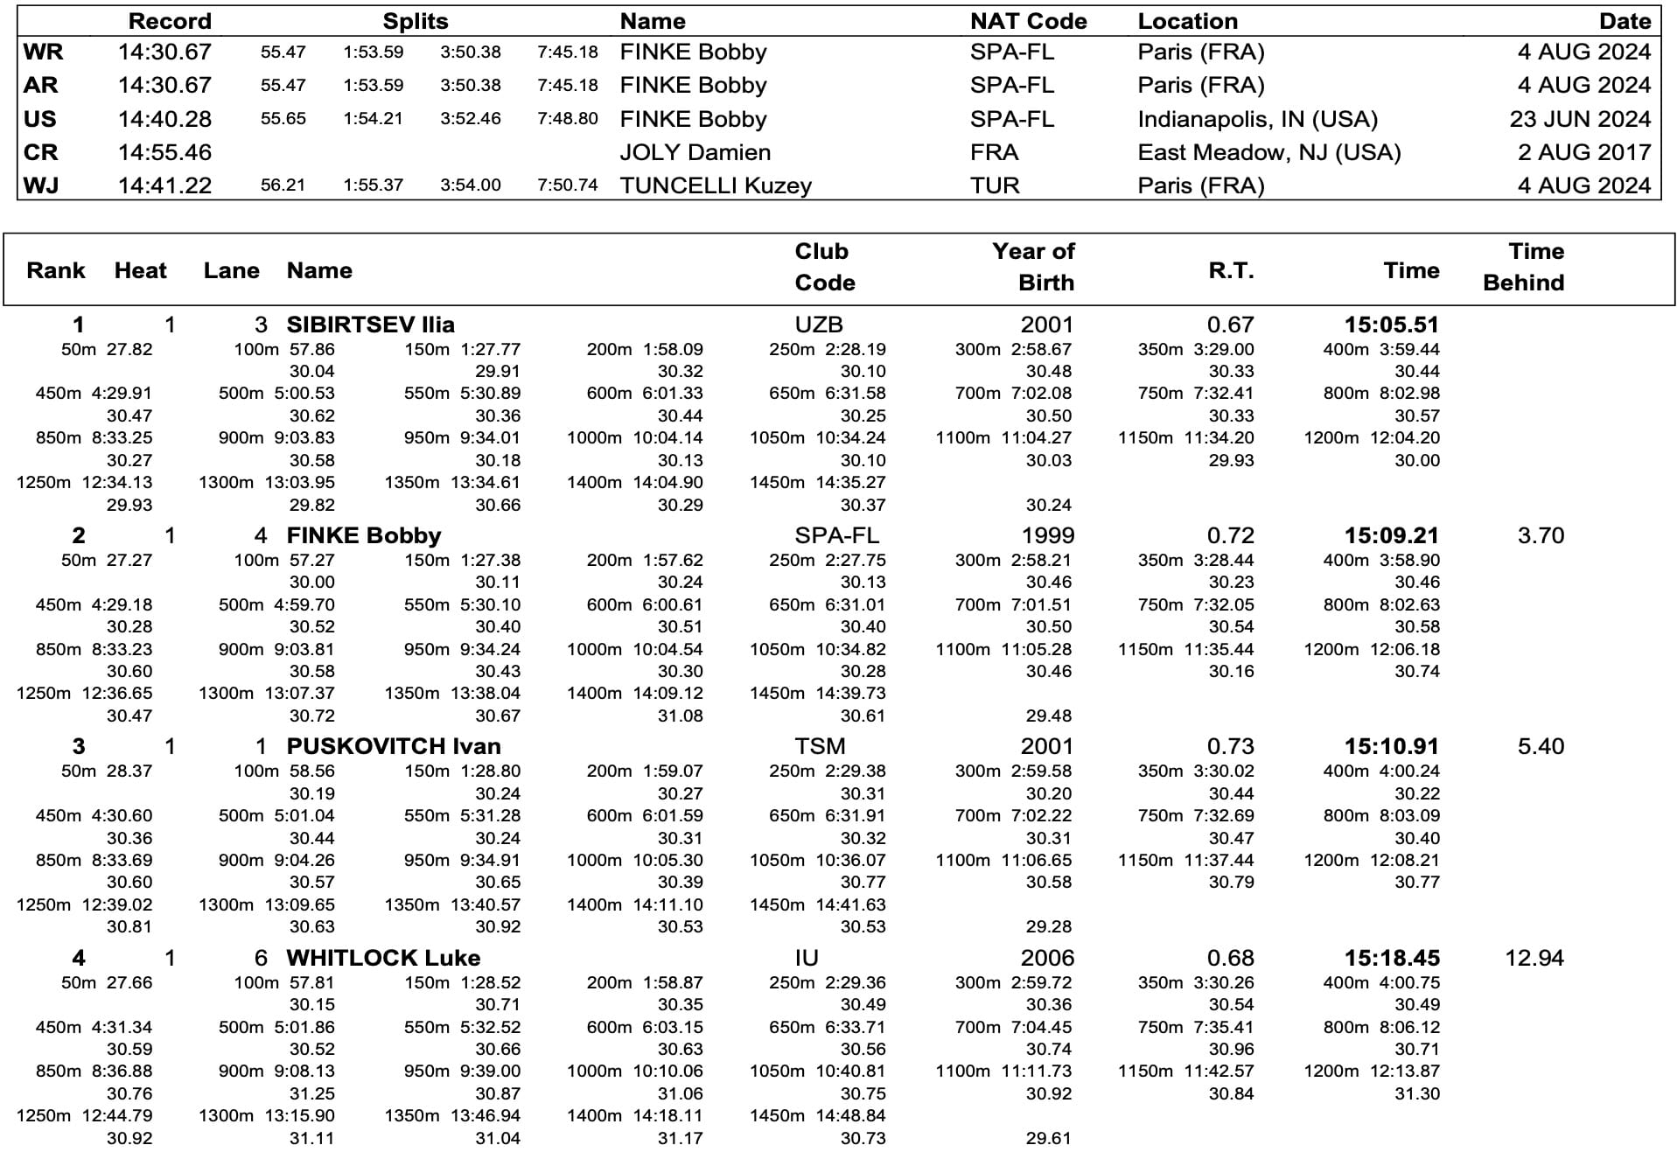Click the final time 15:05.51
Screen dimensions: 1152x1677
coord(1391,325)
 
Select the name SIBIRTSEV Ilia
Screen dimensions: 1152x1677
coord(370,325)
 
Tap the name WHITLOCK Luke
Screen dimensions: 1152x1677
coord(383,958)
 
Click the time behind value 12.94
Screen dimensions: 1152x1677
coord(1534,958)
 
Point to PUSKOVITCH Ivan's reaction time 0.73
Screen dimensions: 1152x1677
coord(1230,746)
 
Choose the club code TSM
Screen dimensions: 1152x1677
coord(820,746)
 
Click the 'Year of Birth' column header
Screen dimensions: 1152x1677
coord(1033,267)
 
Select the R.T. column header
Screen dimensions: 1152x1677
coord(1231,270)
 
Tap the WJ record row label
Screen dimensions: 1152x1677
coord(41,185)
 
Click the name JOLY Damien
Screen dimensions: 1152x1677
coord(695,152)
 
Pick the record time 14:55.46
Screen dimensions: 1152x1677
coord(164,152)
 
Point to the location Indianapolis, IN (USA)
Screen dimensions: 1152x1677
coord(1257,119)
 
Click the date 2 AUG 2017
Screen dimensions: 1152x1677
coord(1583,152)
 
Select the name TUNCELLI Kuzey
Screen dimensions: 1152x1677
coord(716,185)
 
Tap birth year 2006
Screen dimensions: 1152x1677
coord(1046,958)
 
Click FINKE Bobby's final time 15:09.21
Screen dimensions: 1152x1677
coord(1391,535)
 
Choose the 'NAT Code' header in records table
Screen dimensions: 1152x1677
coord(1028,21)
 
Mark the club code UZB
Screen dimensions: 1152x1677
coord(819,325)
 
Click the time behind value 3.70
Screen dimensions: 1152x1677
coord(1541,535)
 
